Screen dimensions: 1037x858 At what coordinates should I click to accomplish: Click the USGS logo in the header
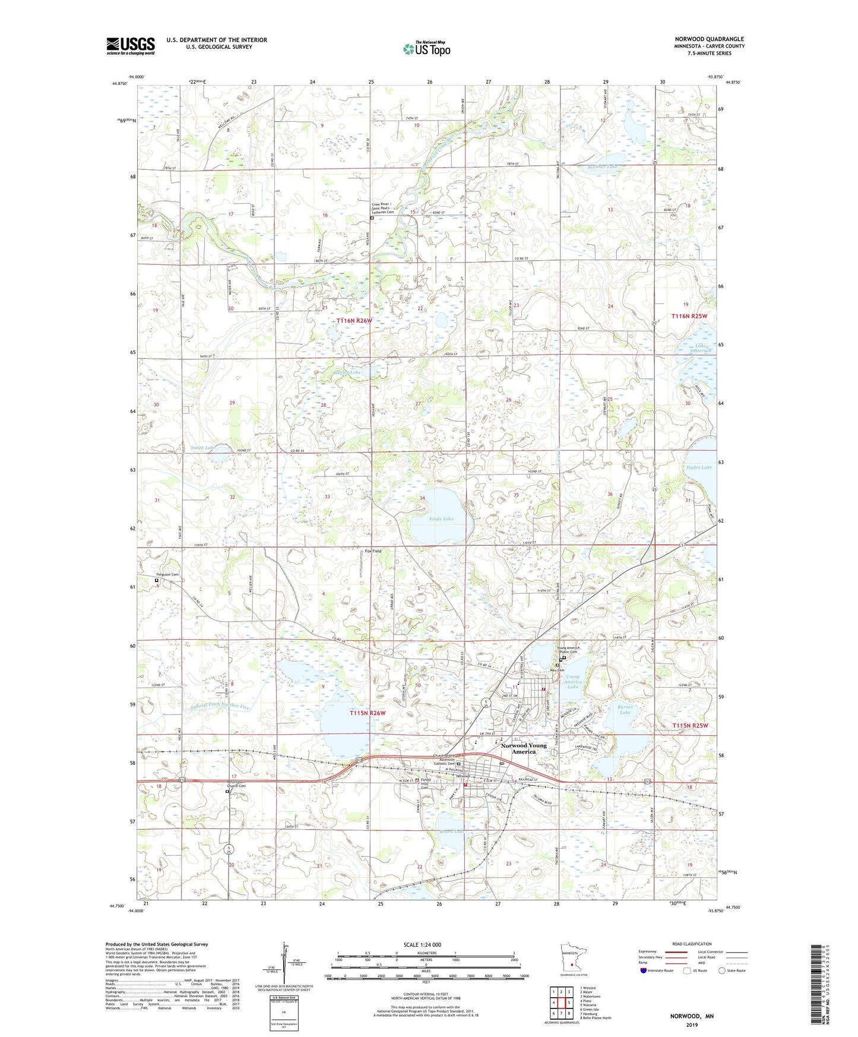click(131, 45)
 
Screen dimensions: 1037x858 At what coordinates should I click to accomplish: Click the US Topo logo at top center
click(426, 49)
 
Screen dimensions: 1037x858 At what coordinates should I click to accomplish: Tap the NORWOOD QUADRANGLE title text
click(709, 39)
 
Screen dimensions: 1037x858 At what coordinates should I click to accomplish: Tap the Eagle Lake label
click(441, 518)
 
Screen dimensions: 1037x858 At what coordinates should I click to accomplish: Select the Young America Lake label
click(572, 681)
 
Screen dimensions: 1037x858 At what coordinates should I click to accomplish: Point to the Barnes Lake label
click(625, 709)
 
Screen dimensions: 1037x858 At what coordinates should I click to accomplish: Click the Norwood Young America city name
click(524, 748)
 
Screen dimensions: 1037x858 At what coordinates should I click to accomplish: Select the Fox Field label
click(373, 551)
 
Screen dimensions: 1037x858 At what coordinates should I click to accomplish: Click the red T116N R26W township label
click(354, 321)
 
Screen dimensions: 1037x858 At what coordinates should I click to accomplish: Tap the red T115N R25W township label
click(690, 726)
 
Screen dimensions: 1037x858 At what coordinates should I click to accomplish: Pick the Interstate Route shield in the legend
click(645, 971)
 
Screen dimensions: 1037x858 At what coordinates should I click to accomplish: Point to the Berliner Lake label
click(599, 167)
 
